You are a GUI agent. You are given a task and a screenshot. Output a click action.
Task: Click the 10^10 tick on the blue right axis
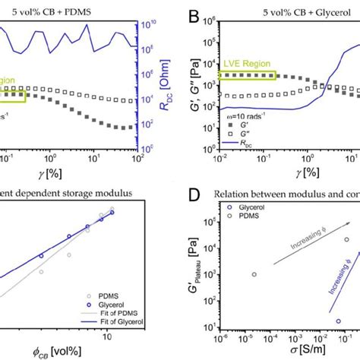(x=150, y=25)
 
